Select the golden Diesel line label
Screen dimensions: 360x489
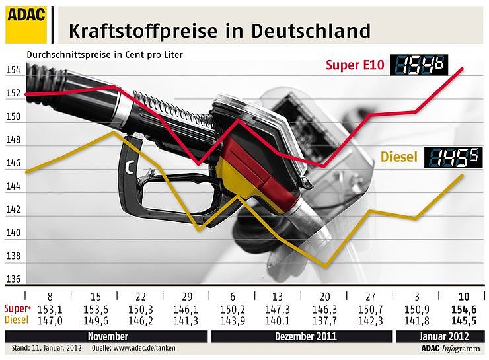tap(398, 157)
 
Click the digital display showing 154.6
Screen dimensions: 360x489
tap(420, 65)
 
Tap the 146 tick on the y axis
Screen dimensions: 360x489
tap(13, 163)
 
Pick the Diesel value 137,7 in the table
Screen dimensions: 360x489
tap(324, 320)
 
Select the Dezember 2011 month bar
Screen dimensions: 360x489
tap(302, 336)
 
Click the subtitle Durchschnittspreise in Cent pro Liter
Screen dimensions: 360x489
tap(104, 54)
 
